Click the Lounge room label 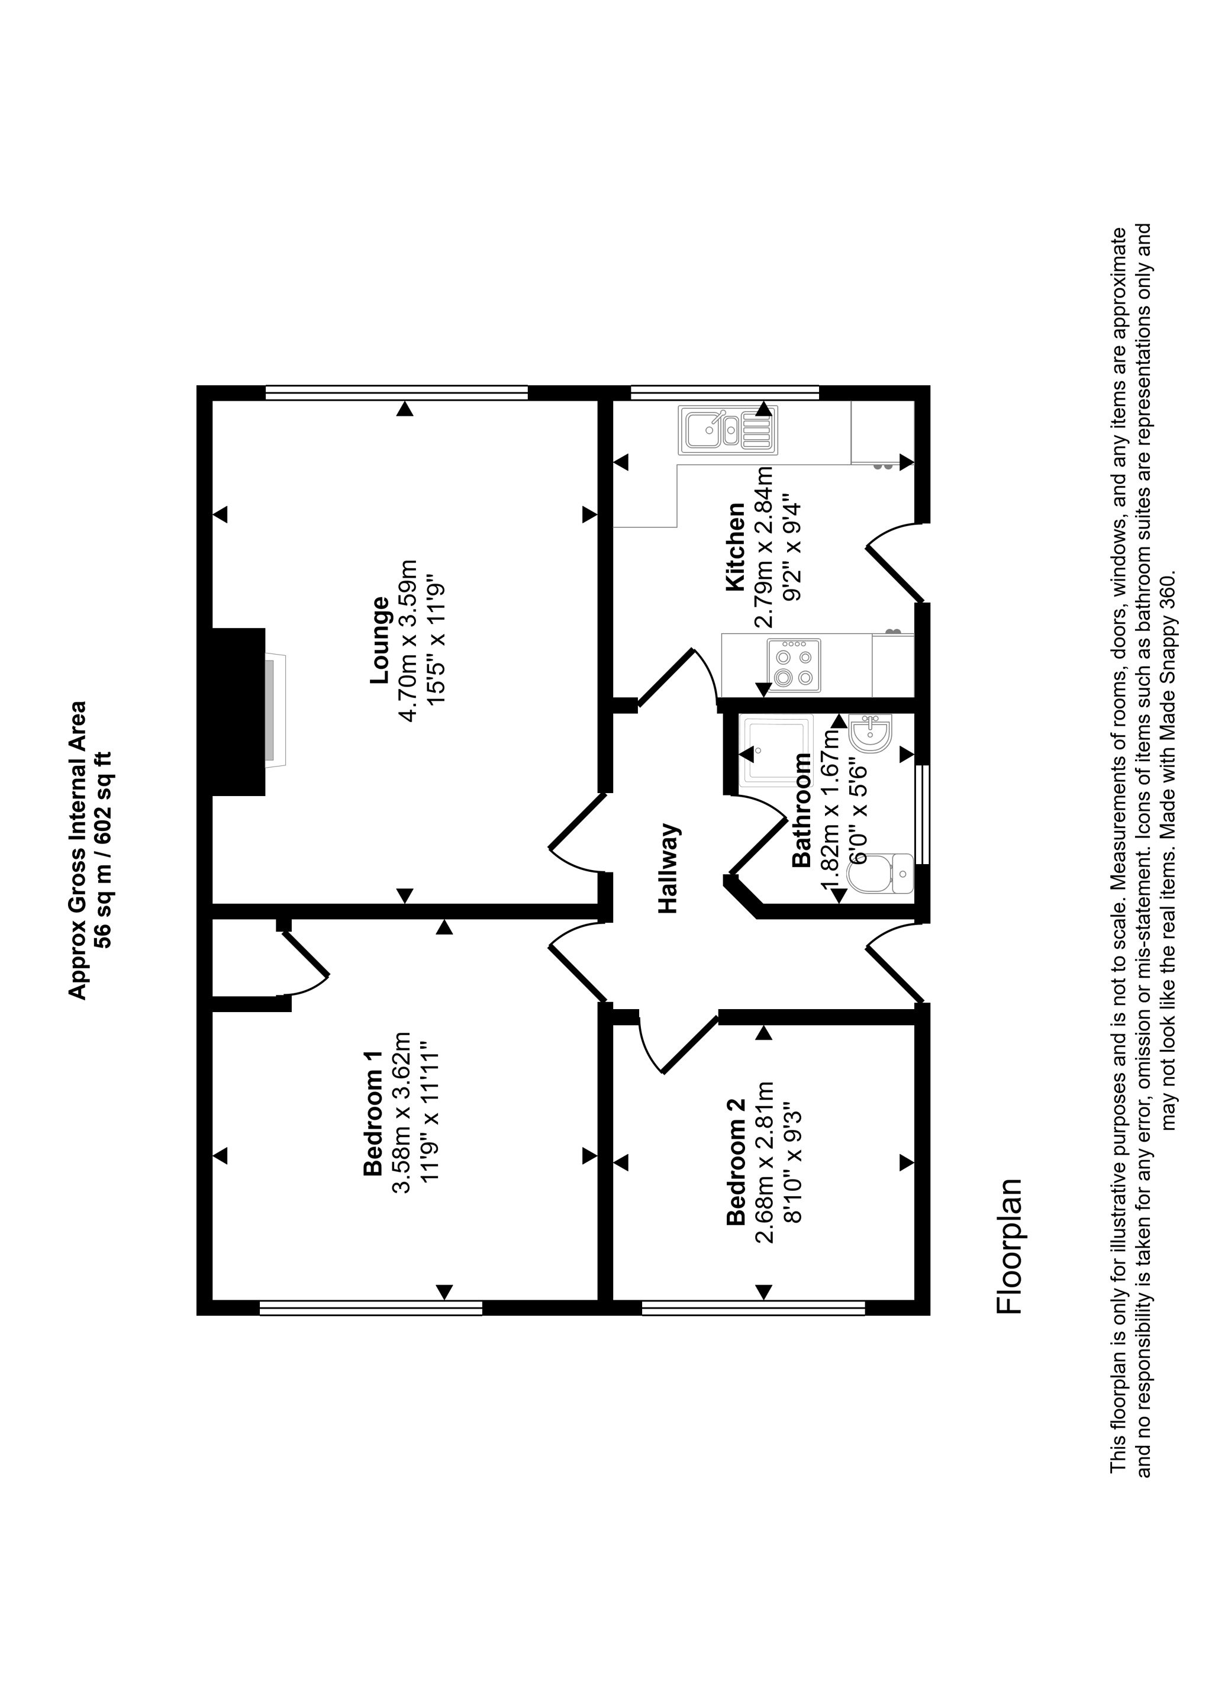pos(380,640)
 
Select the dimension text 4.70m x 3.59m pos(408,640)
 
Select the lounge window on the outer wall pos(397,392)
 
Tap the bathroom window pos(924,814)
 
